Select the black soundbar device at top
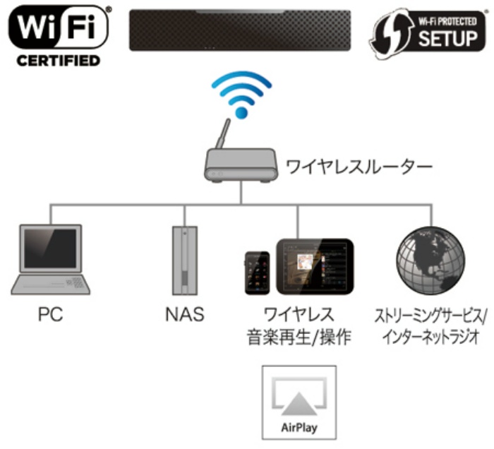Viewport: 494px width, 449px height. (x=239, y=30)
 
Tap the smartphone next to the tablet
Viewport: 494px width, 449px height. (x=257, y=273)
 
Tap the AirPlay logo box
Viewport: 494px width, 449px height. (x=299, y=402)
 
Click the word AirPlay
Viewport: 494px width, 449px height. (x=299, y=428)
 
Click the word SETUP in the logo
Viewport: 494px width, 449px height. (x=447, y=38)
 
